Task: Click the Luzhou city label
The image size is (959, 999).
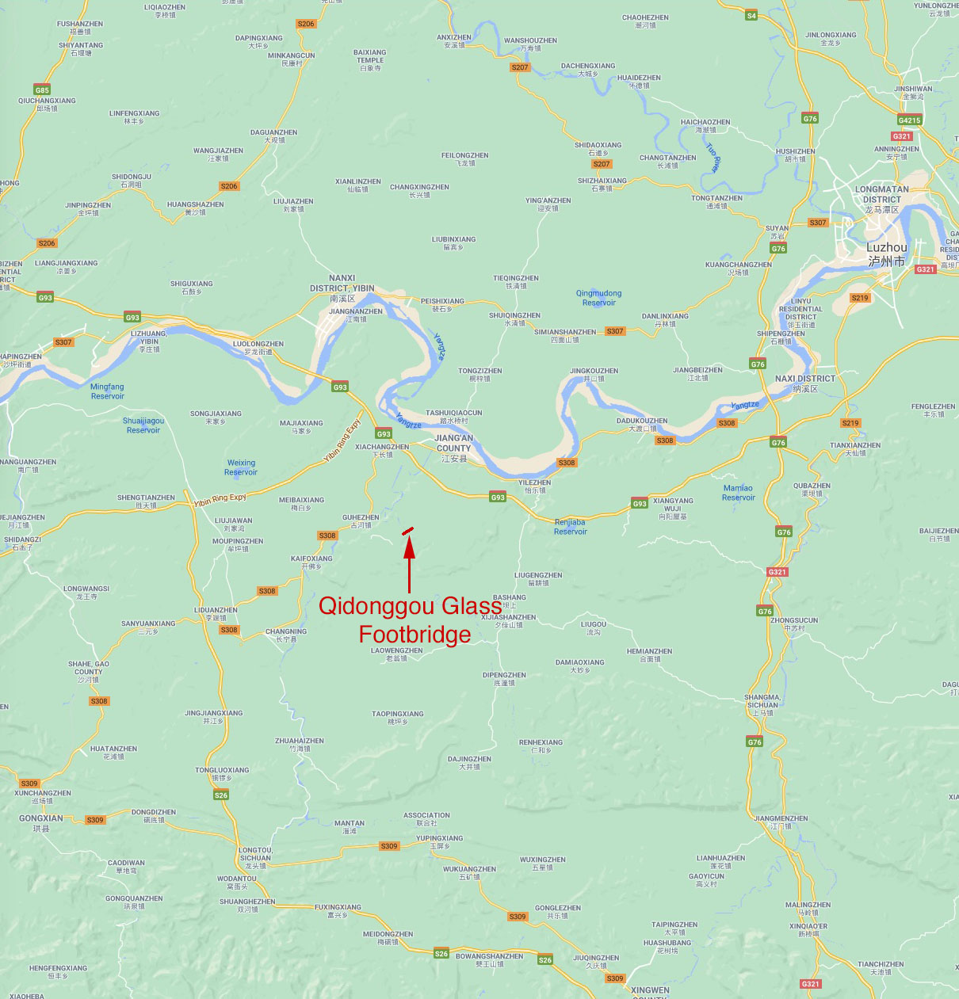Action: click(886, 254)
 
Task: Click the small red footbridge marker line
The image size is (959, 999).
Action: click(407, 531)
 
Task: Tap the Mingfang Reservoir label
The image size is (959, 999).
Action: click(107, 391)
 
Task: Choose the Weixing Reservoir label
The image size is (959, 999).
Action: click(241, 467)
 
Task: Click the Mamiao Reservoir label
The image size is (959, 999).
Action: click(738, 493)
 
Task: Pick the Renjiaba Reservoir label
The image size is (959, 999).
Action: click(570, 527)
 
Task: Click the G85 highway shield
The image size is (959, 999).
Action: click(42, 90)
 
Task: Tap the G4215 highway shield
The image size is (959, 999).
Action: click(909, 120)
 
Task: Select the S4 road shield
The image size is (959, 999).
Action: click(751, 16)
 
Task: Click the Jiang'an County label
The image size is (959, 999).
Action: click(454, 448)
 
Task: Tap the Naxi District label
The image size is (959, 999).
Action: click(805, 383)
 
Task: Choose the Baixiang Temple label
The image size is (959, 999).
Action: click(369, 60)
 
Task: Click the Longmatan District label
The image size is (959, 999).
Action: click(881, 200)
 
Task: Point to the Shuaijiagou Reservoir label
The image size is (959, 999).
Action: click(143, 425)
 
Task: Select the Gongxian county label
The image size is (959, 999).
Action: click(40, 822)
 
